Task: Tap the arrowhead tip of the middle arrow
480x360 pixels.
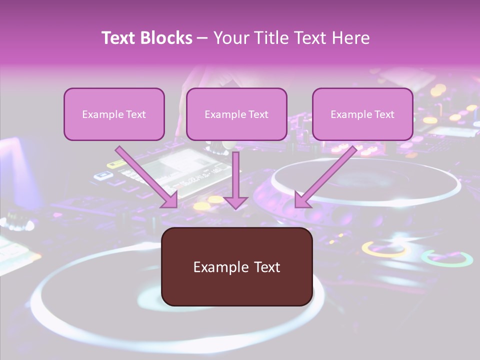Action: click(235, 207)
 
